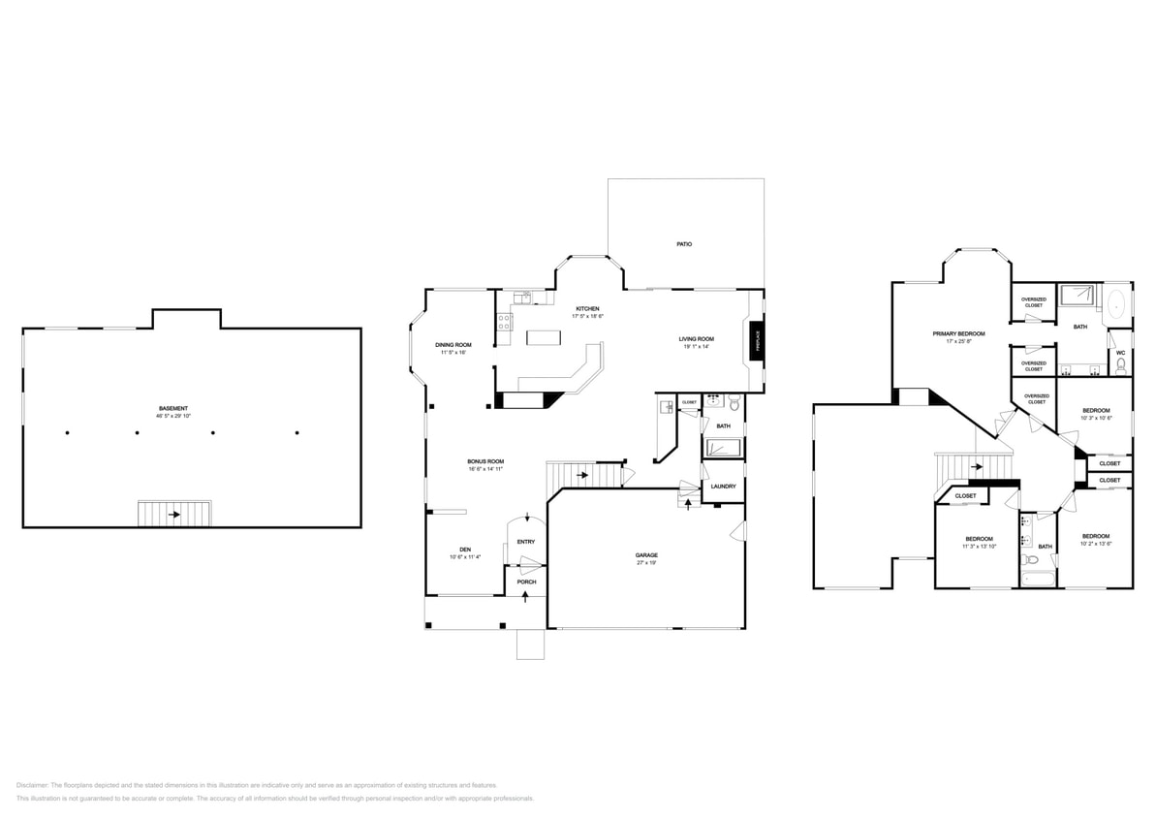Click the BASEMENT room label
tap(173, 408)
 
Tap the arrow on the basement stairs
tap(174, 515)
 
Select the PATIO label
tap(684, 244)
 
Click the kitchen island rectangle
tap(545, 338)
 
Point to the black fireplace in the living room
tap(756, 341)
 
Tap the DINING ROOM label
tap(453, 345)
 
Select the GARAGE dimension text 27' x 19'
tap(646, 563)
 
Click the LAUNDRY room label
tap(723, 487)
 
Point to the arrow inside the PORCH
tap(525, 596)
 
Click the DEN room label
tap(465, 550)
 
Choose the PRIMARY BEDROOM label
tap(958, 333)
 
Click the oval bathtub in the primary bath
tap(1116, 303)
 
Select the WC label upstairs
tap(1120, 353)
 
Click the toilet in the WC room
tap(1121, 365)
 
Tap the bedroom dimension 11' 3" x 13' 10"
tap(979, 547)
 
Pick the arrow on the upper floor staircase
tap(977, 467)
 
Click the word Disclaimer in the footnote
tap(32, 785)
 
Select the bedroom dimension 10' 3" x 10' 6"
tap(1096, 419)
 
